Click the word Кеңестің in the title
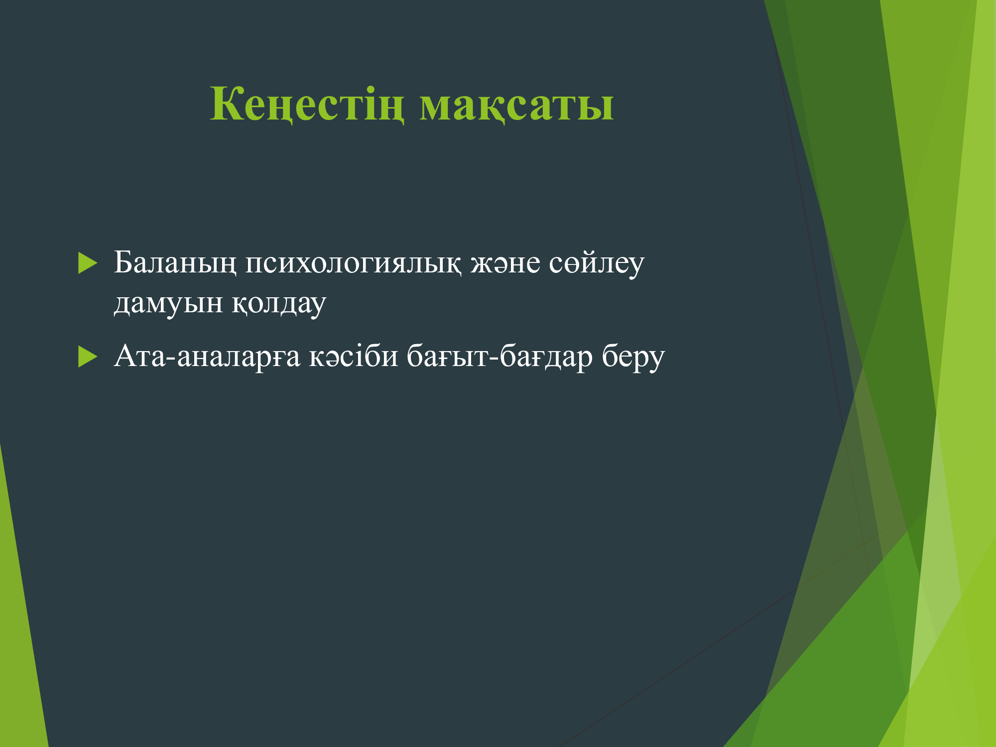tap(307, 105)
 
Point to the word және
tap(505, 263)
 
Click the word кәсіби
tap(354, 356)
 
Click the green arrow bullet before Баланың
tap(87, 263)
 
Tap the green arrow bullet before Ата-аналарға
tap(87, 357)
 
